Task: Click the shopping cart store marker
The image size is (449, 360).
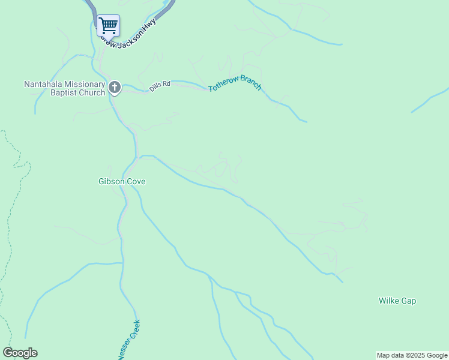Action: [x=108, y=26]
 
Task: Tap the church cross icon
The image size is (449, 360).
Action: [x=114, y=88]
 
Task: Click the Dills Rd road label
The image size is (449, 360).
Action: [x=160, y=85]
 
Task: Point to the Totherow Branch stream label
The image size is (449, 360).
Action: [x=235, y=83]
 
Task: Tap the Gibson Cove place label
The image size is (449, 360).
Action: [x=122, y=181]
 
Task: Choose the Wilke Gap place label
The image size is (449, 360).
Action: [x=397, y=301]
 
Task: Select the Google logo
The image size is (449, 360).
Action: [x=20, y=352]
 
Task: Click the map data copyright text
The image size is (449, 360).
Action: [x=412, y=355]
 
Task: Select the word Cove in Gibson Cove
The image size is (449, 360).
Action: [x=136, y=181]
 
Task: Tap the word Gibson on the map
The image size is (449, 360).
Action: [x=111, y=181]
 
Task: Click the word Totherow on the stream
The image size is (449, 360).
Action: [x=224, y=86]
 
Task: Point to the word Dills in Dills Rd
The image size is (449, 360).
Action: [x=155, y=86]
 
